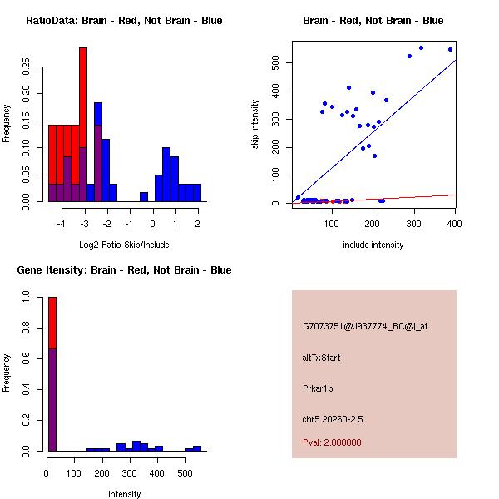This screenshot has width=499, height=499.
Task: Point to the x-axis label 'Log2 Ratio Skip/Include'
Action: (x=124, y=245)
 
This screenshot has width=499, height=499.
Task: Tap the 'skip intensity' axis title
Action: (x=256, y=126)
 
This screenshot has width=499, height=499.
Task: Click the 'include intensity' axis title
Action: (x=373, y=245)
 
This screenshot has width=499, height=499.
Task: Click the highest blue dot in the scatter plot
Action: (x=422, y=47)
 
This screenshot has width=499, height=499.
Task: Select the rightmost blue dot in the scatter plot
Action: (x=451, y=49)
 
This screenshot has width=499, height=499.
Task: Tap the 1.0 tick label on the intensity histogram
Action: (x=27, y=296)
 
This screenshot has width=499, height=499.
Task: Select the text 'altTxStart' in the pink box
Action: (x=322, y=358)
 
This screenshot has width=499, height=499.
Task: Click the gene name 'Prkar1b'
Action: (x=319, y=388)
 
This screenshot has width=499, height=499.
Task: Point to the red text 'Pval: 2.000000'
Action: (x=332, y=442)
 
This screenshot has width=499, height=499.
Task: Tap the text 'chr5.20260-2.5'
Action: (x=332, y=418)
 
